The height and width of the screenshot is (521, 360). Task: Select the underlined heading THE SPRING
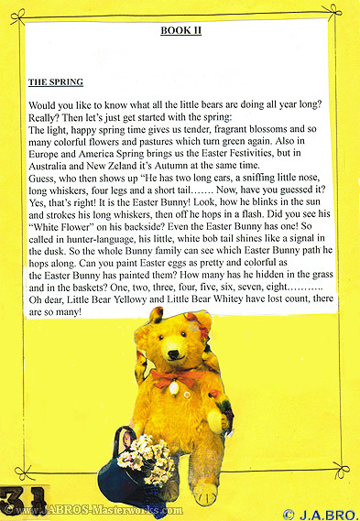[x=56, y=81]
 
